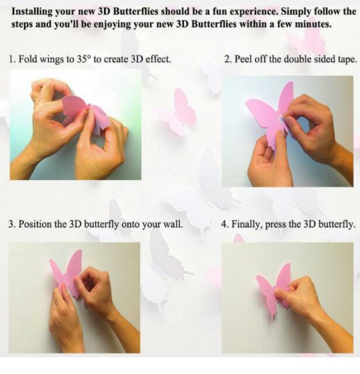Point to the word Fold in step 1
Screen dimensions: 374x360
(27, 60)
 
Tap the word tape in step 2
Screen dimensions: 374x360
(345, 60)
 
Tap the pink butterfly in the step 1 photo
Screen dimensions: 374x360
(85, 111)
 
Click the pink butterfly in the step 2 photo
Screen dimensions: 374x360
(270, 114)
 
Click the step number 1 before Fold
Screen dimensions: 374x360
(12, 60)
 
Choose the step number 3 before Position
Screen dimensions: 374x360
(11, 224)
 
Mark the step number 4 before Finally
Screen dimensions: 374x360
(225, 224)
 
